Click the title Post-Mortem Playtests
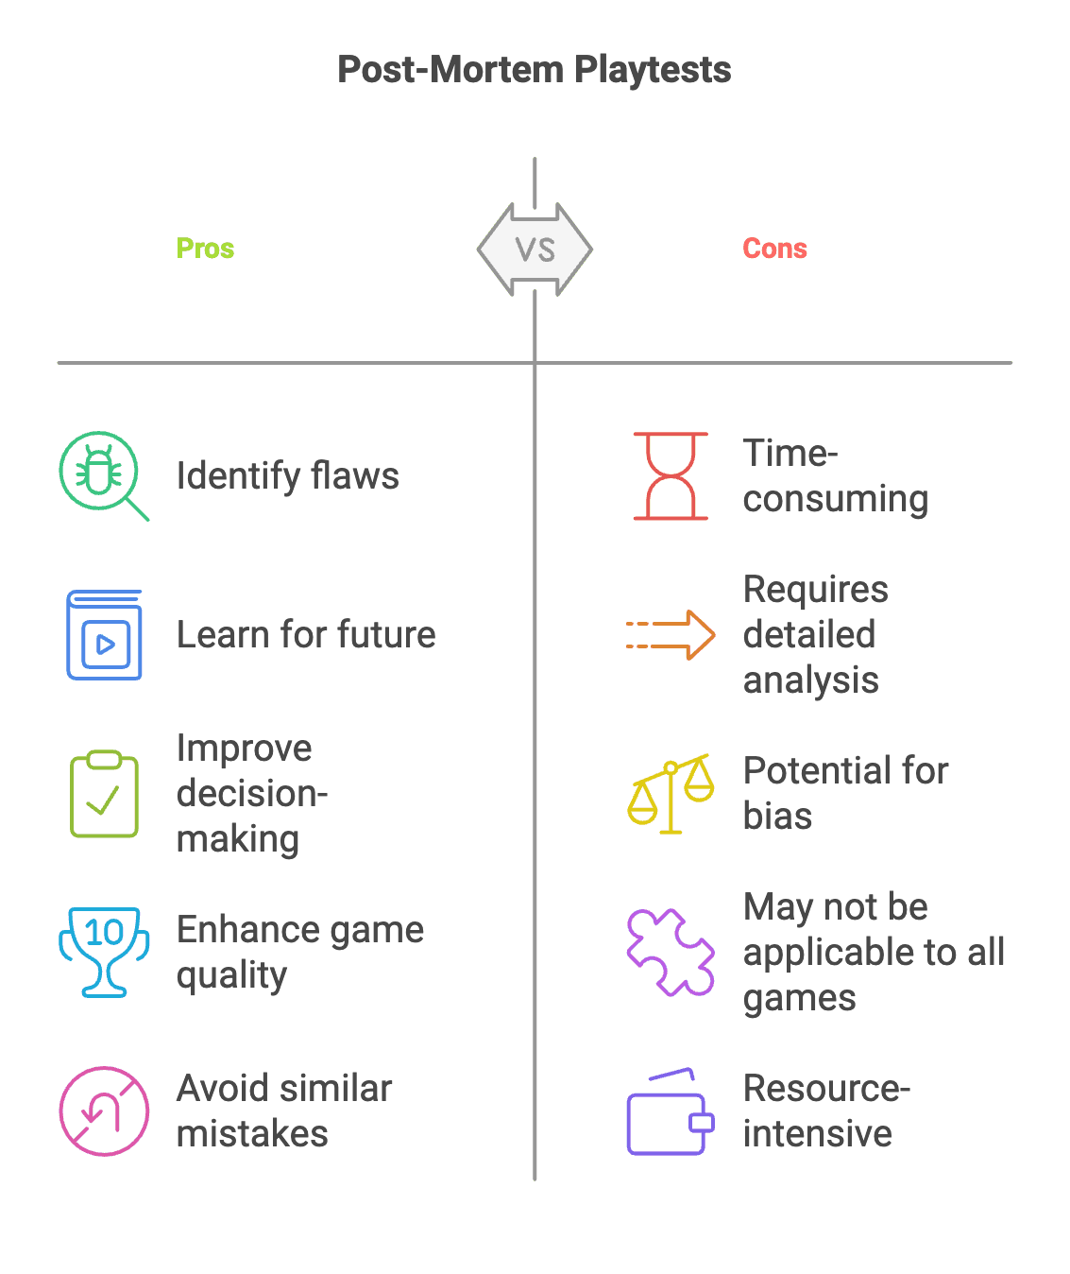coord(535,70)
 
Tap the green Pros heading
coord(205,249)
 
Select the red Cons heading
coord(774,249)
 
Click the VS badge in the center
coord(535,250)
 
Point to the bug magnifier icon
coord(102,474)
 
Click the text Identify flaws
coord(287,475)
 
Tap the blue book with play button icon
coord(104,635)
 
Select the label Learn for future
coord(306,634)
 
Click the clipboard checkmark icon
coord(104,794)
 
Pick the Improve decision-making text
coord(251,793)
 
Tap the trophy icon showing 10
coord(104,951)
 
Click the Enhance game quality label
coord(299,952)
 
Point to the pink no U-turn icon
coord(104,1110)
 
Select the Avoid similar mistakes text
coord(283,1110)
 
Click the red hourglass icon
coord(671,476)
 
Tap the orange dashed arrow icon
coord(671,635)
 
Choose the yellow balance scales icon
coord(671,794)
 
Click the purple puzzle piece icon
coord(671,952)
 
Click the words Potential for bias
coord(845,793)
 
